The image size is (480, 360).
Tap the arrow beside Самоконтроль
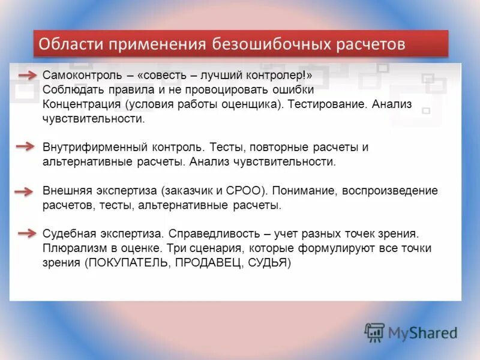(26, 75)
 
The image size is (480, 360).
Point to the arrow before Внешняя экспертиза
(24, 191)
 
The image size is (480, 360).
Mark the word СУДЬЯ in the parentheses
(267, 263)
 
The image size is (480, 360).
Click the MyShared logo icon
(375, 332)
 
